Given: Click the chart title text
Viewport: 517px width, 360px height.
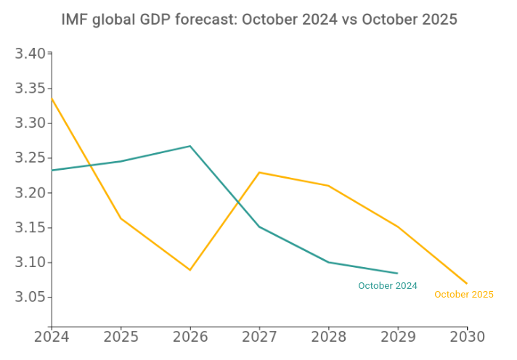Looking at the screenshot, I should [x=259, y=20].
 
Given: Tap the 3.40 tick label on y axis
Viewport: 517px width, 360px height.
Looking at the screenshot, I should [x=30, y=54].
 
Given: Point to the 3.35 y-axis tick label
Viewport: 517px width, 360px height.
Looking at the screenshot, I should [x=30, y=89].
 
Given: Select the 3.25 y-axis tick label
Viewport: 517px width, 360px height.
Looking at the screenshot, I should [x=30, y=158].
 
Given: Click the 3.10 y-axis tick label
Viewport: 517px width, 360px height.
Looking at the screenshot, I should [x=30, y=263].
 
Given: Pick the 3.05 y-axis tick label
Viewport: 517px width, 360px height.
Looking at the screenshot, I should [x=30, y=298].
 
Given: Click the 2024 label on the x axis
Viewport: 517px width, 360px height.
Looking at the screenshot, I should [x=52, y=337].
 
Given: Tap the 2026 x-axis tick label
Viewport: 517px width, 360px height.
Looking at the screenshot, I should [x=190, y=337].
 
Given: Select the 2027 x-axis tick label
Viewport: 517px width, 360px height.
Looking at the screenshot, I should [x=259, y=337].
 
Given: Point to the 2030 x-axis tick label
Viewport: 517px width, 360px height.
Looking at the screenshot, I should [x=467, y=337].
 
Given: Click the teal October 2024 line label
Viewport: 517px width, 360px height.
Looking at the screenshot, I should [x=388, y=286].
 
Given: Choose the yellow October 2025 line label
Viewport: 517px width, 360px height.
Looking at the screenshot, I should [x=464, y=295].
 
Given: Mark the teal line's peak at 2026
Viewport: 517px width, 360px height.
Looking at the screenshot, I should [x=190, y=146].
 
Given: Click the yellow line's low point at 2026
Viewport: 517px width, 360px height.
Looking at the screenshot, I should [x=190, y=270].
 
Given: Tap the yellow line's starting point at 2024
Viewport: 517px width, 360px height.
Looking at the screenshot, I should [x=52, y=98].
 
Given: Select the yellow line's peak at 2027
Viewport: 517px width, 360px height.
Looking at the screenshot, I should [x=259, y=173].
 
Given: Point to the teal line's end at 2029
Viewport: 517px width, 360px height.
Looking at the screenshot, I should [x=398, y=274].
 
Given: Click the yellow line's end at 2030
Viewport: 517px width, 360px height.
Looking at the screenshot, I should [x=467, y=284].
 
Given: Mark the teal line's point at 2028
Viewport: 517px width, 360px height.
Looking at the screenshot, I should [x=328, y=262].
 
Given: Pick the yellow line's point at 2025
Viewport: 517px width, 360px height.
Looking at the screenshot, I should [x=121, y=218].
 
